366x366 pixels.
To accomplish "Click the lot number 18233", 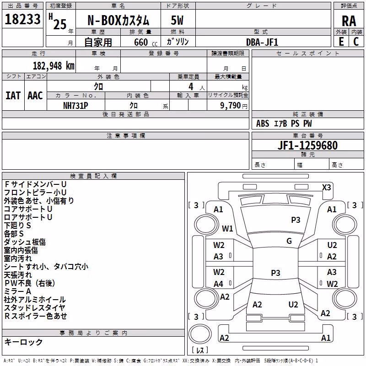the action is coord(22,19).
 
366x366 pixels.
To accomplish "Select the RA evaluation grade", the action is coord(349,21).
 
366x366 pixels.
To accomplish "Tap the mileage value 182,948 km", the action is coord(54,66).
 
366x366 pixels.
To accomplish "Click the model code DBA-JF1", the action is coord(262,42).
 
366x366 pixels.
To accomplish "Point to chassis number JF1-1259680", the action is coord(307,145).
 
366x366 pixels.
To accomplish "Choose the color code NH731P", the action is coord(75,106).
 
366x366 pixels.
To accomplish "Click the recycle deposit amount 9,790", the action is coord(231,106).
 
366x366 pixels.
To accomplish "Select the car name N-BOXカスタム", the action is coord(118,21).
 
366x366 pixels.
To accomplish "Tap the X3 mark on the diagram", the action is coord(326,188).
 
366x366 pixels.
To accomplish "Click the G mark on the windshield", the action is coord(289,241).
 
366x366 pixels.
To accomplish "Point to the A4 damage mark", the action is coord(218,284).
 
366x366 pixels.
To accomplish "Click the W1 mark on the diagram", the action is coord(227,228).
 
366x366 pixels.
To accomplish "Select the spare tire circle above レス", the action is coord(200,334).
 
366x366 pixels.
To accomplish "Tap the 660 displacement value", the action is coord(141,42).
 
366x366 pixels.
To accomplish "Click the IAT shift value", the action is coord(13,96).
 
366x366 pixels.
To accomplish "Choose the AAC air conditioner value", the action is coord(35,96).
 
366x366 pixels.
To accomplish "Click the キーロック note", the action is coord(23,342).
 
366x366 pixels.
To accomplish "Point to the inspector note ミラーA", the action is coord(17,291).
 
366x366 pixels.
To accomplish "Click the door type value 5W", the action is coord(177,20).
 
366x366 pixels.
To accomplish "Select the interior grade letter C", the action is coord(356,42).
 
